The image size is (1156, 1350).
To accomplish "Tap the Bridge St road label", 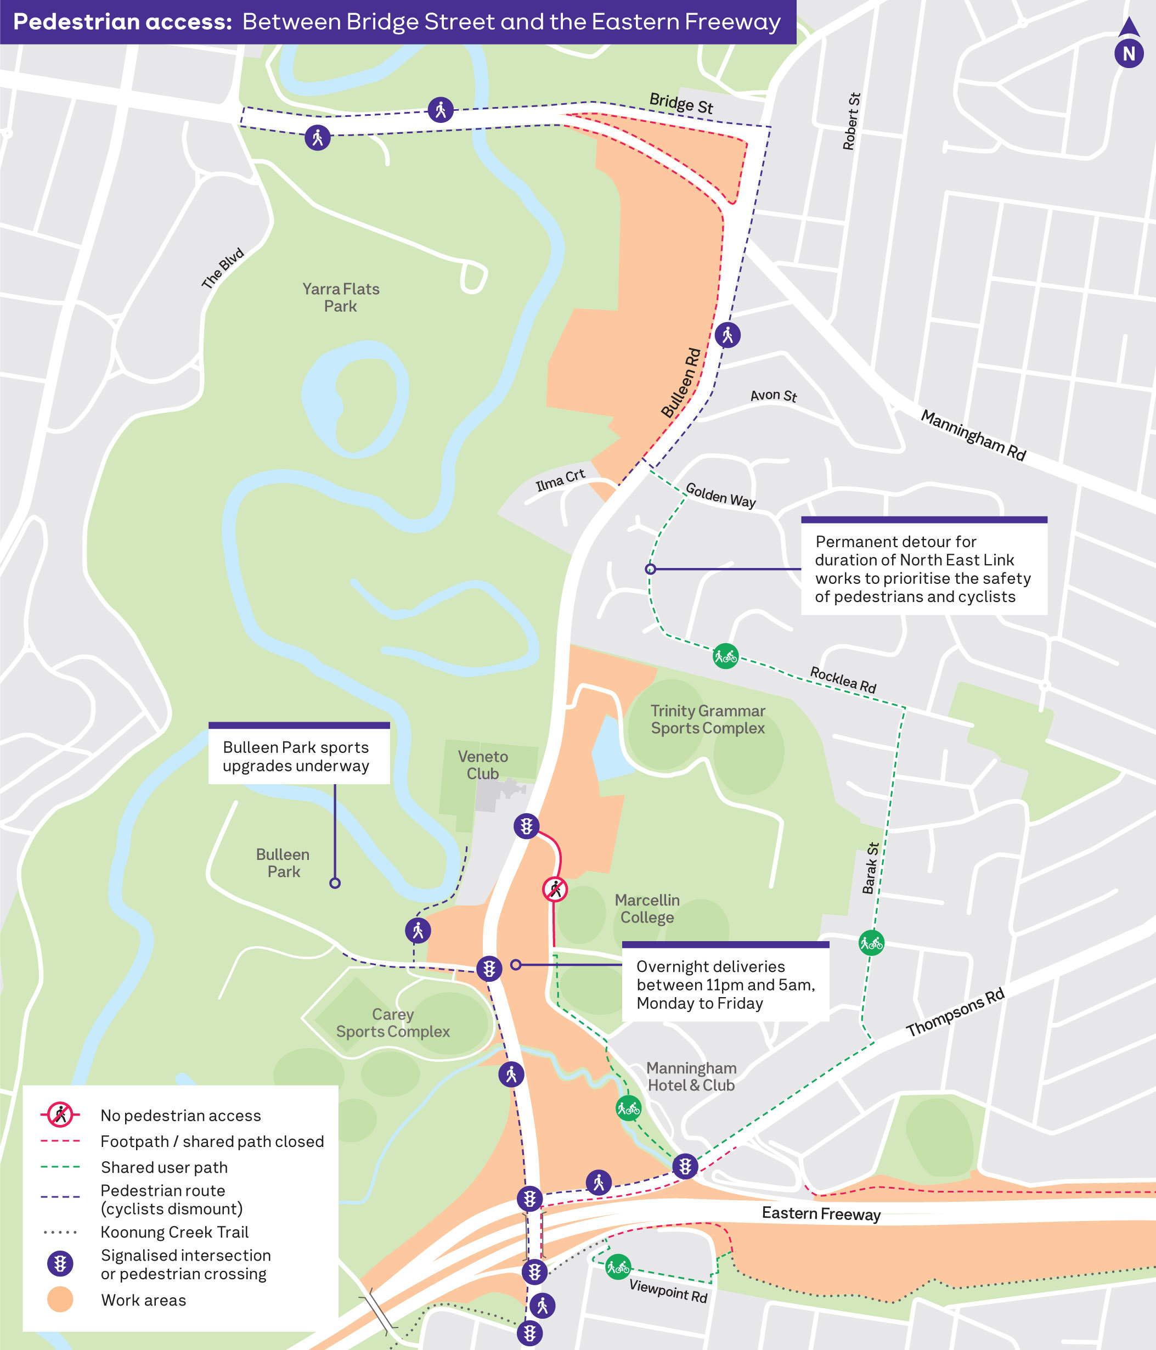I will (681, 104).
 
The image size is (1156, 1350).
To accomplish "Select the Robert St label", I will (851, 122).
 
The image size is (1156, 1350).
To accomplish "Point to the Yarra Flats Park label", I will (341, 297).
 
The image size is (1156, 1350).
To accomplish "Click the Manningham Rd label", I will (973, 435).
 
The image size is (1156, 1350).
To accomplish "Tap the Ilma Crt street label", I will (560, 480).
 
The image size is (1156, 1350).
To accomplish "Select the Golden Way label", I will (720, 495).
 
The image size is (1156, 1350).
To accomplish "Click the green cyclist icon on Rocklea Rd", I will (725, 656).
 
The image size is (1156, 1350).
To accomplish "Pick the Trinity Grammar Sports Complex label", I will (707, 719).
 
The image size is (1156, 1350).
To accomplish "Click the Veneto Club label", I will (483, 765).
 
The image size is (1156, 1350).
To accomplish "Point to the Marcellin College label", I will (647, 908).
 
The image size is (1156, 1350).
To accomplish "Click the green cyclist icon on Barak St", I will (871, 942).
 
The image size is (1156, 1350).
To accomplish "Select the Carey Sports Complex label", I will (393, 1022).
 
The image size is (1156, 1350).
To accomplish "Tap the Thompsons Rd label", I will (955, 1013).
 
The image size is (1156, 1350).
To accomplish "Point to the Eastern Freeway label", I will (821, 1213).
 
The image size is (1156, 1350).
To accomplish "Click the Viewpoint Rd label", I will (668, 1290).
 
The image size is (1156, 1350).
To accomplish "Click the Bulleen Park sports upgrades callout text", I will (296, 756).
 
